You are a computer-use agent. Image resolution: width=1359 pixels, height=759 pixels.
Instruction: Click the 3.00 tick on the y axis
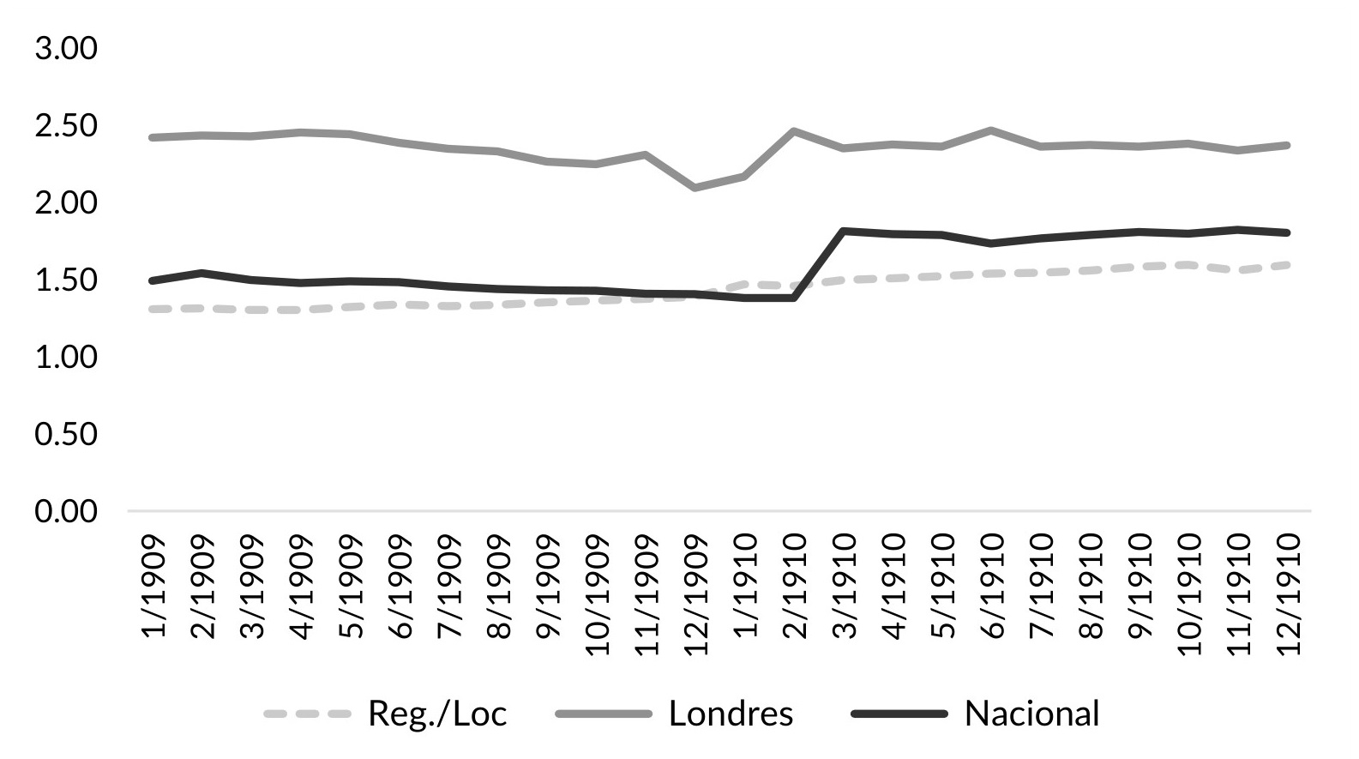point(66,49)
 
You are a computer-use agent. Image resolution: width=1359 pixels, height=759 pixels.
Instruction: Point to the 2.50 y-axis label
point(66,126)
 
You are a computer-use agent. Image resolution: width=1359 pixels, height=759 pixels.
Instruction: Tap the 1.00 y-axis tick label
point(66,357)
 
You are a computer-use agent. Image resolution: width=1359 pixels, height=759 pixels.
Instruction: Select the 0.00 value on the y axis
point(66,512)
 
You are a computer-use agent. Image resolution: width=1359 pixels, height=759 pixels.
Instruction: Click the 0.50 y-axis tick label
point(66,435)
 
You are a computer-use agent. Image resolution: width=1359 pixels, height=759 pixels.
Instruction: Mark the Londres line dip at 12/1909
point(695,187)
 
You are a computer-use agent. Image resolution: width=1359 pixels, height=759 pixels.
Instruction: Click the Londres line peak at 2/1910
point(795,131)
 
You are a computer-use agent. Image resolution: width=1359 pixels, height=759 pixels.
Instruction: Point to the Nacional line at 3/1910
point(845,231)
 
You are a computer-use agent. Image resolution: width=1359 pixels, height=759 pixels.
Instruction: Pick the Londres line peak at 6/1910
point(991,130)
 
